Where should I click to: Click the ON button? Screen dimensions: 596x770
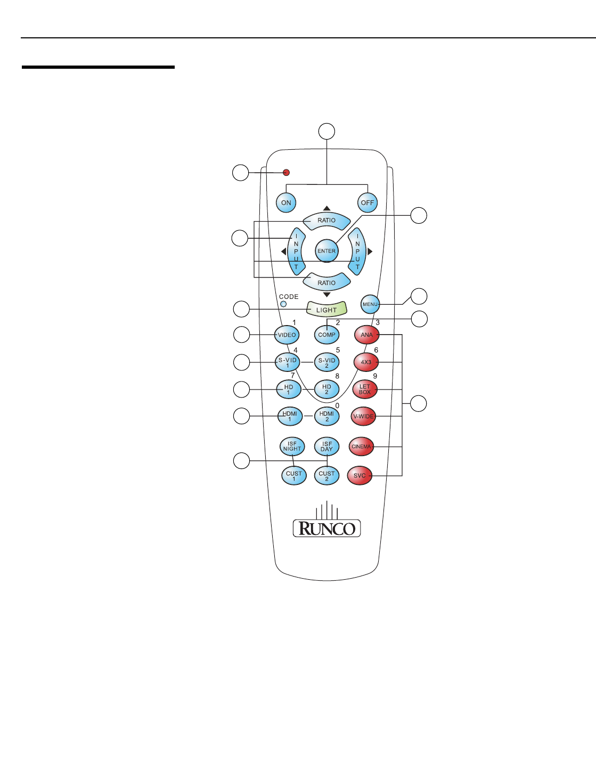point(286,202)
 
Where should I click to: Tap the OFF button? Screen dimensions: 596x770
point(367,202)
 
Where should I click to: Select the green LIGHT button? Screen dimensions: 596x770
point(326,309)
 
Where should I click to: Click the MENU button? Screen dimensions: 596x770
point(370,304)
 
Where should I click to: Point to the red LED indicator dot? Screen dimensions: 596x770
point(287,173)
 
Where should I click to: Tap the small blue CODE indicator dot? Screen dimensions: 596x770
point(283,304)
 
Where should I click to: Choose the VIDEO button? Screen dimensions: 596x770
point(287,335)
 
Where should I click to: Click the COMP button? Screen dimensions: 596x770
point(326,335)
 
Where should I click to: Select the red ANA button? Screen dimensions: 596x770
point(367,335)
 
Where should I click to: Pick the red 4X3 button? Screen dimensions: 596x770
point(366,362)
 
